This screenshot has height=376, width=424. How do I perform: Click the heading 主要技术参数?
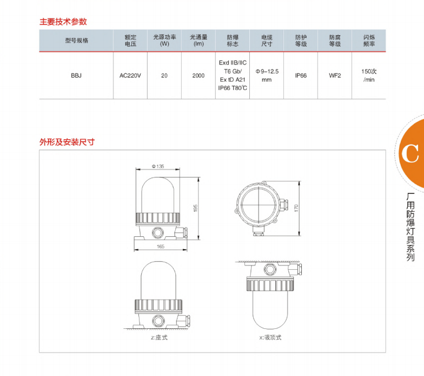[x=63, y=22]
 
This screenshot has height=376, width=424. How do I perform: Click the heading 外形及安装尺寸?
[x=67, y=142]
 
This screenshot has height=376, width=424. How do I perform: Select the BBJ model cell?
[x=76, y=76]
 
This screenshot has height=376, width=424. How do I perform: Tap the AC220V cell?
[x=130, y=76]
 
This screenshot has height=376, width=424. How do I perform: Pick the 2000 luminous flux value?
[x=198, y=76]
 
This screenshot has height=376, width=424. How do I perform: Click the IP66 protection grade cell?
[x=301, y=76]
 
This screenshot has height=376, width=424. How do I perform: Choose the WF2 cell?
[x=335, y=76]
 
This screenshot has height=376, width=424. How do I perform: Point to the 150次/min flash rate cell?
[x=369, y=76]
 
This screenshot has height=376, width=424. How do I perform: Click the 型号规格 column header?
[x=76, y=41]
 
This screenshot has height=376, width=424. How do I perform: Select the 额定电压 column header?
[x=130, y=41]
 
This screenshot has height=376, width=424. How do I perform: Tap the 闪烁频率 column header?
[x=369, y=41]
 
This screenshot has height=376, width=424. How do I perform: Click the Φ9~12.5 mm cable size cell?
[x=267, y=76]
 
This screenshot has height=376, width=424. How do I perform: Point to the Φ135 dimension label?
[x=158, y=166]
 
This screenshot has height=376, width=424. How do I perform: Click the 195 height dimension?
[x=196, y=208]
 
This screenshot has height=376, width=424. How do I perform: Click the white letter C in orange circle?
[x=410, y=154]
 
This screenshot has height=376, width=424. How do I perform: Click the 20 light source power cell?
[x=164, y=76]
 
